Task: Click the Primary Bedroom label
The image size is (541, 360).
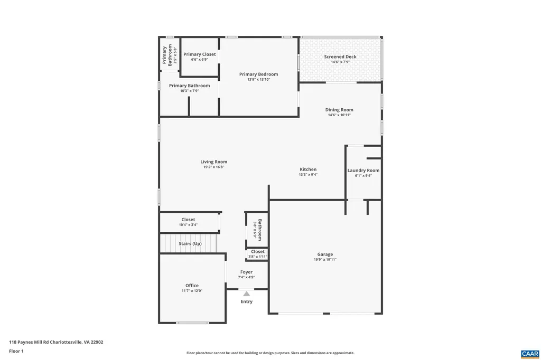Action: click(258, 74)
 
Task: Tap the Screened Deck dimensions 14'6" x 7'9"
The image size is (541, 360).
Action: click(340, 62)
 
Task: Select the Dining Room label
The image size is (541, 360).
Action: click(339, 110)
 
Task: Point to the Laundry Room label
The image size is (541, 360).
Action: click(363, 170)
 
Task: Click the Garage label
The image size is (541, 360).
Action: click(325, 254)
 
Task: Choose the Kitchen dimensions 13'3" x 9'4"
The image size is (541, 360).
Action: click(308, 175)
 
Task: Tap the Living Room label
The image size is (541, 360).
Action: click(213, 162)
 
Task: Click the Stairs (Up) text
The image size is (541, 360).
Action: click(190, 244)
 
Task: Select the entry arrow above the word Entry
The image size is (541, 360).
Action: click(246, 294)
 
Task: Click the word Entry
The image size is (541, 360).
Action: click(247, 302)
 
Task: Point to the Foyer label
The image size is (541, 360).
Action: click(246, 272)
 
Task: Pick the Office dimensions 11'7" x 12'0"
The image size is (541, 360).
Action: click(192, 291)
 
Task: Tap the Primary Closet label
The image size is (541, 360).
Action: click(199, 54)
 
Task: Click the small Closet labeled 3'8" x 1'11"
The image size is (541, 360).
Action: click(258, 252)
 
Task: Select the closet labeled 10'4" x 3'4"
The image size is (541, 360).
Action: click(188, 220)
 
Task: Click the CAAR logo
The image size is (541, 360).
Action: click(529, 353)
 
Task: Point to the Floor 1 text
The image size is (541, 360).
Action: click(16, 350)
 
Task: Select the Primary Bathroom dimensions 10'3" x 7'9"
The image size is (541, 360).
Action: click(189, 91)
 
